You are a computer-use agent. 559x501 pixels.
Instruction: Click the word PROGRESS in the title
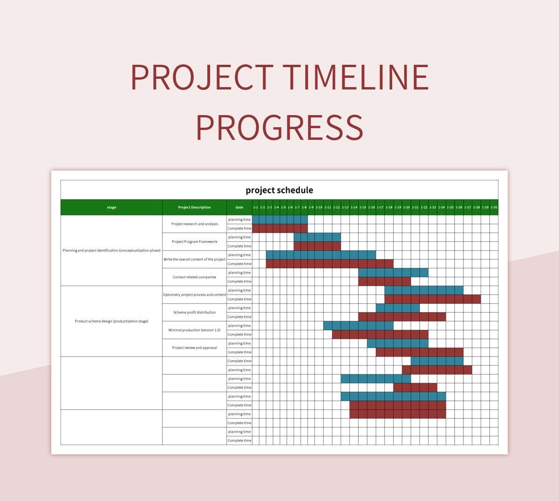pos(279,128)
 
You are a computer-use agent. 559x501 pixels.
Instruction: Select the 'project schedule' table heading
pos(279,190)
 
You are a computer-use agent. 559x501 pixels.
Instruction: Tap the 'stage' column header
pos(111,207)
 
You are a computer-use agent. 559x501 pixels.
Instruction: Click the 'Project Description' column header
pos(194,207)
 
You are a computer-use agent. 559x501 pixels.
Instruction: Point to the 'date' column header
pos(239,207)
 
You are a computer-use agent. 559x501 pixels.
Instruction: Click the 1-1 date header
pos(255,207)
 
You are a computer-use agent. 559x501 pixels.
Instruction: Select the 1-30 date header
pos(494,207)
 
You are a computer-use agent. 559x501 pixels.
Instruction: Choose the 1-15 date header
pos(362,207)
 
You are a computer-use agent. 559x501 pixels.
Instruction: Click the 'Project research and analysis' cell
pos(194,224)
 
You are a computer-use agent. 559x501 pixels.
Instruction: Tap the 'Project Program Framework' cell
pos(194,242)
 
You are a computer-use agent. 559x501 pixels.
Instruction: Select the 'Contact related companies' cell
pos(194,277)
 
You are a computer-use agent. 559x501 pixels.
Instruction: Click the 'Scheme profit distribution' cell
pos(194,313)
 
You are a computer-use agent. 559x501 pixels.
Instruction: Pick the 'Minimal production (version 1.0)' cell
pos(194,330)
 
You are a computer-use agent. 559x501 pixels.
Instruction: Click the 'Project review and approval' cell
pos(194,348)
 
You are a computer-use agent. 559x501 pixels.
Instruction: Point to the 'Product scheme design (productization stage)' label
pos(111,322)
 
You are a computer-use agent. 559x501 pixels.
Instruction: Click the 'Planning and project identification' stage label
pos(111,251)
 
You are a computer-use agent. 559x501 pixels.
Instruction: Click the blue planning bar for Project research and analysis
pos(279,220)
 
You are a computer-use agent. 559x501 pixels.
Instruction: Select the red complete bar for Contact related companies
pos(384,281)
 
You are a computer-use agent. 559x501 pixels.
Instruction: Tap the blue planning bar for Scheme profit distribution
pos(397,308)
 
